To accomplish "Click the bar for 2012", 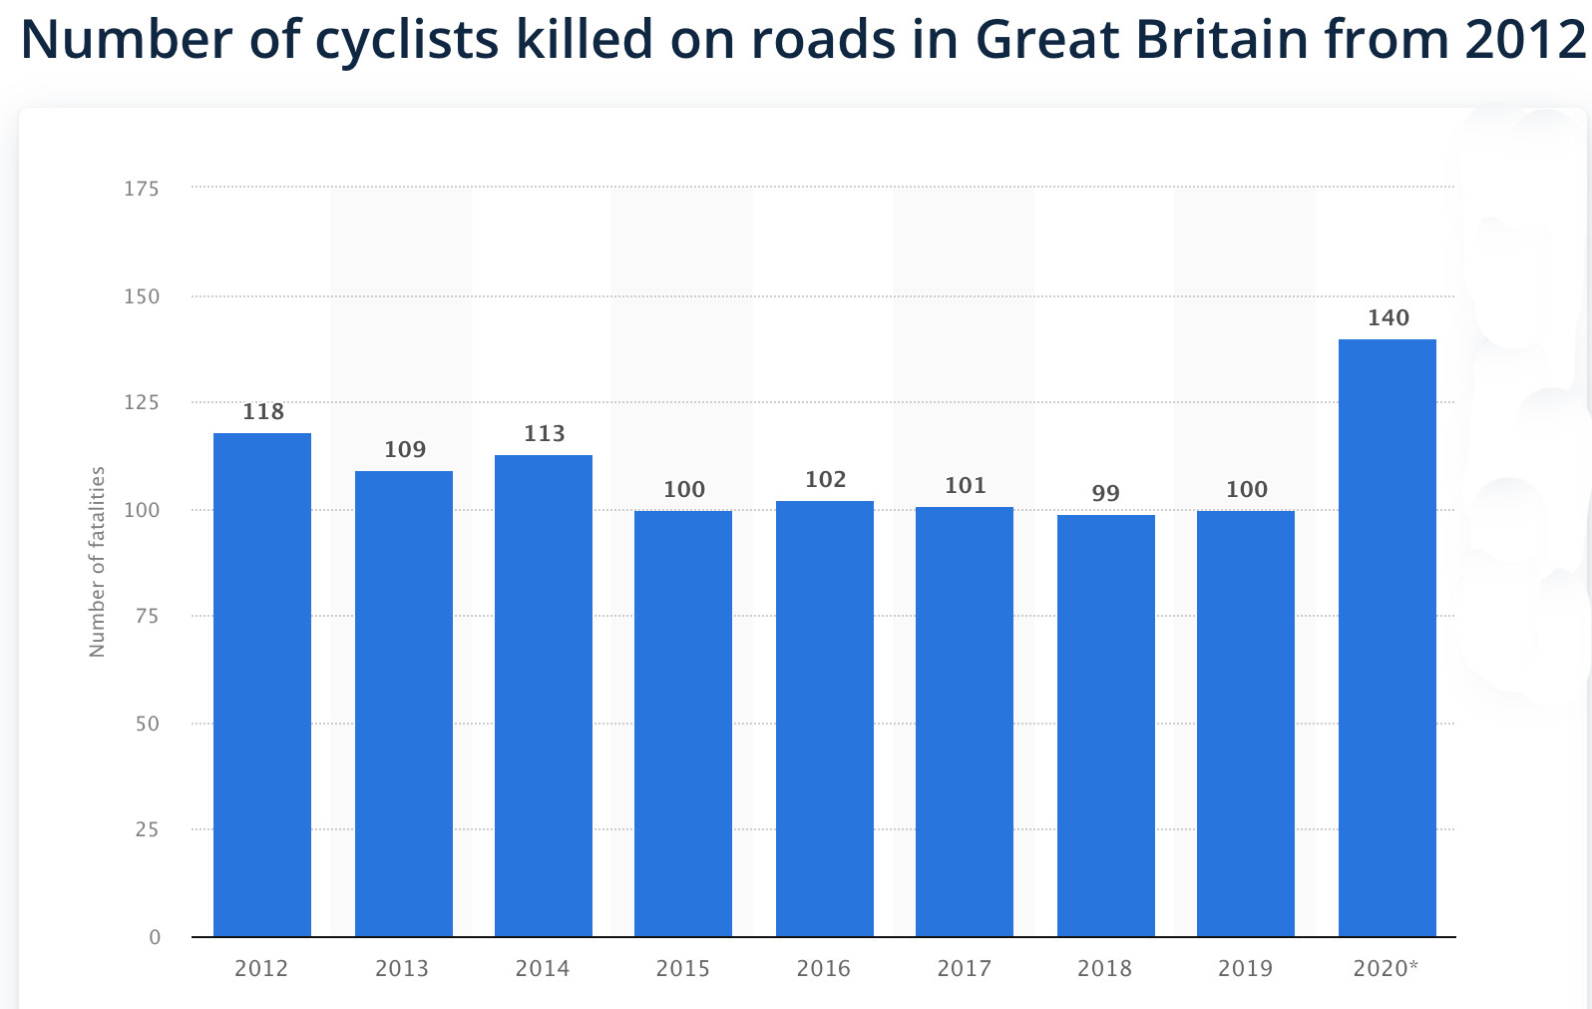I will click(x=262, y=685).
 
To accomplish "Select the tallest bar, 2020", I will click(x=1387, y=638).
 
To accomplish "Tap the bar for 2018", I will click(x=1105, y=726).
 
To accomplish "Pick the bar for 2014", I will click(x=544, y=696).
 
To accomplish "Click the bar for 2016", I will click(x=825, y=719).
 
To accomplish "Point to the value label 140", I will click(x=1388, y=318).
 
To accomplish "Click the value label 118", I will click(x=263, y=412).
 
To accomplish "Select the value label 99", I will click(x=1105, y=493).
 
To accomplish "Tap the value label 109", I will click(x=405, y=450).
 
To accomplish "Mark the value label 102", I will click(x=826, y=480).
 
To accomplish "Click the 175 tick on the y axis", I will click(x=142, y=189).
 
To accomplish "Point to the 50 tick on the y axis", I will click(x=148, y=724).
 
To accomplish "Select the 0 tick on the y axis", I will click(x=155, y=937).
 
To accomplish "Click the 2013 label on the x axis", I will click(x=402, y=968).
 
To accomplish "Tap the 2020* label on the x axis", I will click(x=1386, y=968).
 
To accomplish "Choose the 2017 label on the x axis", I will click(x=965, y=968).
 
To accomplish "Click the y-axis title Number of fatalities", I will click(x=97, y=562).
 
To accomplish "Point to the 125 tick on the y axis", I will click(x=142, y=403).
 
